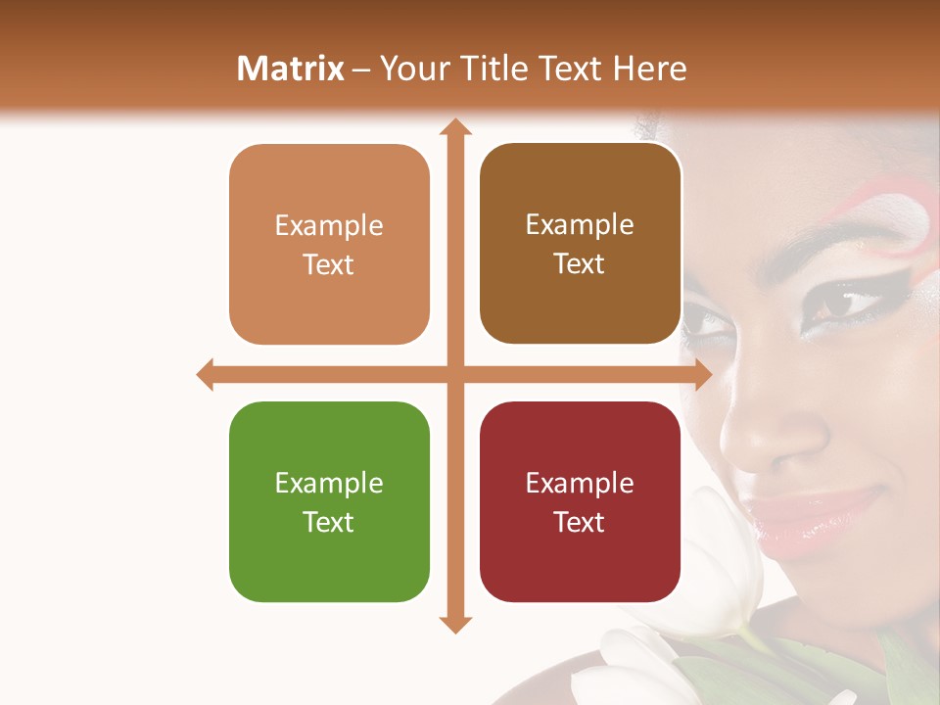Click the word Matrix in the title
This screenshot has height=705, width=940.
[290, 69]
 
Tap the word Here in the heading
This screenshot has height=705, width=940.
[649, 69]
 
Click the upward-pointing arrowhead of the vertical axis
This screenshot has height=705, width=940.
[455, 127]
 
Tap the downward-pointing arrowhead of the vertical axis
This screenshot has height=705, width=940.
[455, 624]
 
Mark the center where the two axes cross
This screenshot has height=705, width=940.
[455, 374]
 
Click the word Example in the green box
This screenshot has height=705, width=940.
[329, 484]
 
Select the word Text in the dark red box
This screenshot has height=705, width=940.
[580, 522]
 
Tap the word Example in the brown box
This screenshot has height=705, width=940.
[580, 225]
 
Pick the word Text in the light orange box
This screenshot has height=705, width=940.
[329, 264]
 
